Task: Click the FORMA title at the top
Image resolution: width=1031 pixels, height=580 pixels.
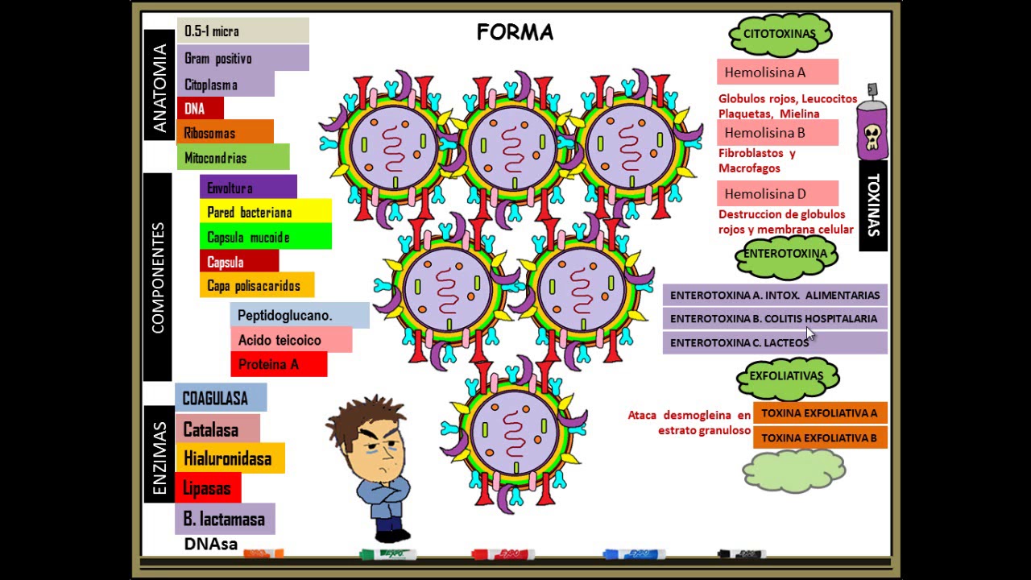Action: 515,32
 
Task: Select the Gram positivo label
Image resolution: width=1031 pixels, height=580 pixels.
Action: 242,58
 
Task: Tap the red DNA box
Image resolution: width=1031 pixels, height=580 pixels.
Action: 199,108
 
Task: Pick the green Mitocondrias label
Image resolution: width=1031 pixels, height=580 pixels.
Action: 232,158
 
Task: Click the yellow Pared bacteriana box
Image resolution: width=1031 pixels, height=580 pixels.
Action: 264,212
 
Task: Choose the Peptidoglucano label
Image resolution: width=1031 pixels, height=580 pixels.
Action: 299,315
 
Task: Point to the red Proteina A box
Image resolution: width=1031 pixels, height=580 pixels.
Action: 278,364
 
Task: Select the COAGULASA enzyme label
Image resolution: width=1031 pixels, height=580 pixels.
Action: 220,398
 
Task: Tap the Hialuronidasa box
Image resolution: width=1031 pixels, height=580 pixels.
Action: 230,459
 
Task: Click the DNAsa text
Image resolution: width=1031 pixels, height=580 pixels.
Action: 211,545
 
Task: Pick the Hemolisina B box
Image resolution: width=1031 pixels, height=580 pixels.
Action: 776,133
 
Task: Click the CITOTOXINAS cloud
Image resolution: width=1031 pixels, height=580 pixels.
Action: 779,34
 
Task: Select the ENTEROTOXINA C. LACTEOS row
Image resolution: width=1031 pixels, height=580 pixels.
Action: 774,342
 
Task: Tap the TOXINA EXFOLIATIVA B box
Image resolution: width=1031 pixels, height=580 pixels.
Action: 819,438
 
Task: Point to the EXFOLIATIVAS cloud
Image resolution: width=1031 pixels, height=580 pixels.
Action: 786,376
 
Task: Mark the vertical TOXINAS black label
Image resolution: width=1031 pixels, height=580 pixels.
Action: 873,205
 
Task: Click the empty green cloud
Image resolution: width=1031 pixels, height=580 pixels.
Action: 793,471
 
